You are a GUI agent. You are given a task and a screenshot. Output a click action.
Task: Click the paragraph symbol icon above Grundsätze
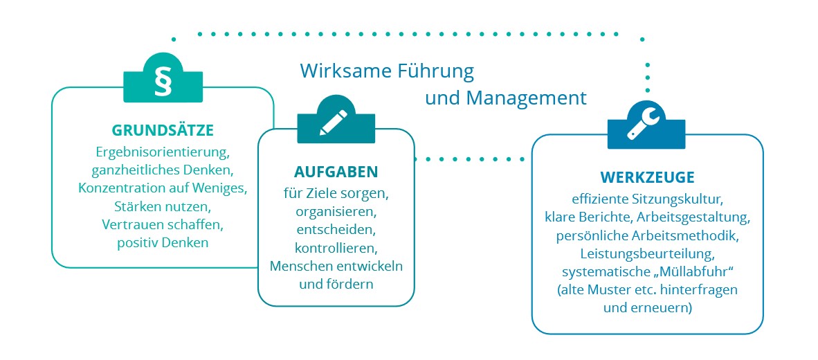(163, 80)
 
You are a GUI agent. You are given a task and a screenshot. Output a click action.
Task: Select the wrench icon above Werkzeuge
(646, 125)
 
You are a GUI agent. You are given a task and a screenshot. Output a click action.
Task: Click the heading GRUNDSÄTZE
(163, 130)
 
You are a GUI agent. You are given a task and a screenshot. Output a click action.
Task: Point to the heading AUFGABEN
(336, 171)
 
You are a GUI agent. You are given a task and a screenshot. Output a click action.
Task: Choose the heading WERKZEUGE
(647, 177)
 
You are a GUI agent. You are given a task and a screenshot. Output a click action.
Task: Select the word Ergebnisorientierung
(162, 150)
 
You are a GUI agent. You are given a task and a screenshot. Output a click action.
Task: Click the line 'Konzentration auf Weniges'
(162, 188)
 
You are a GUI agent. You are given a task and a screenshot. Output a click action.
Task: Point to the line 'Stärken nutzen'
(162, 206)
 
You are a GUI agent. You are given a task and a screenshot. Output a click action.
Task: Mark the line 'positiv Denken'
(162, 243)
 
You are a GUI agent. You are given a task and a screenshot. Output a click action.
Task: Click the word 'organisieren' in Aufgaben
(336, 210)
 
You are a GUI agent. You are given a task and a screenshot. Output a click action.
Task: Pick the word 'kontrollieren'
(336, 247)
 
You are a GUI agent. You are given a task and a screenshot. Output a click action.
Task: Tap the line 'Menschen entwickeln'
(336, 266)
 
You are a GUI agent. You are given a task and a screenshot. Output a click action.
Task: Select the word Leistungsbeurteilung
(647, 253)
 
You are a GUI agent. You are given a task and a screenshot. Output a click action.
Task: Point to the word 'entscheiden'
(336, 228)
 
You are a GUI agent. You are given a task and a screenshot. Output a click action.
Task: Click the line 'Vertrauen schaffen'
(162, 225)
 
